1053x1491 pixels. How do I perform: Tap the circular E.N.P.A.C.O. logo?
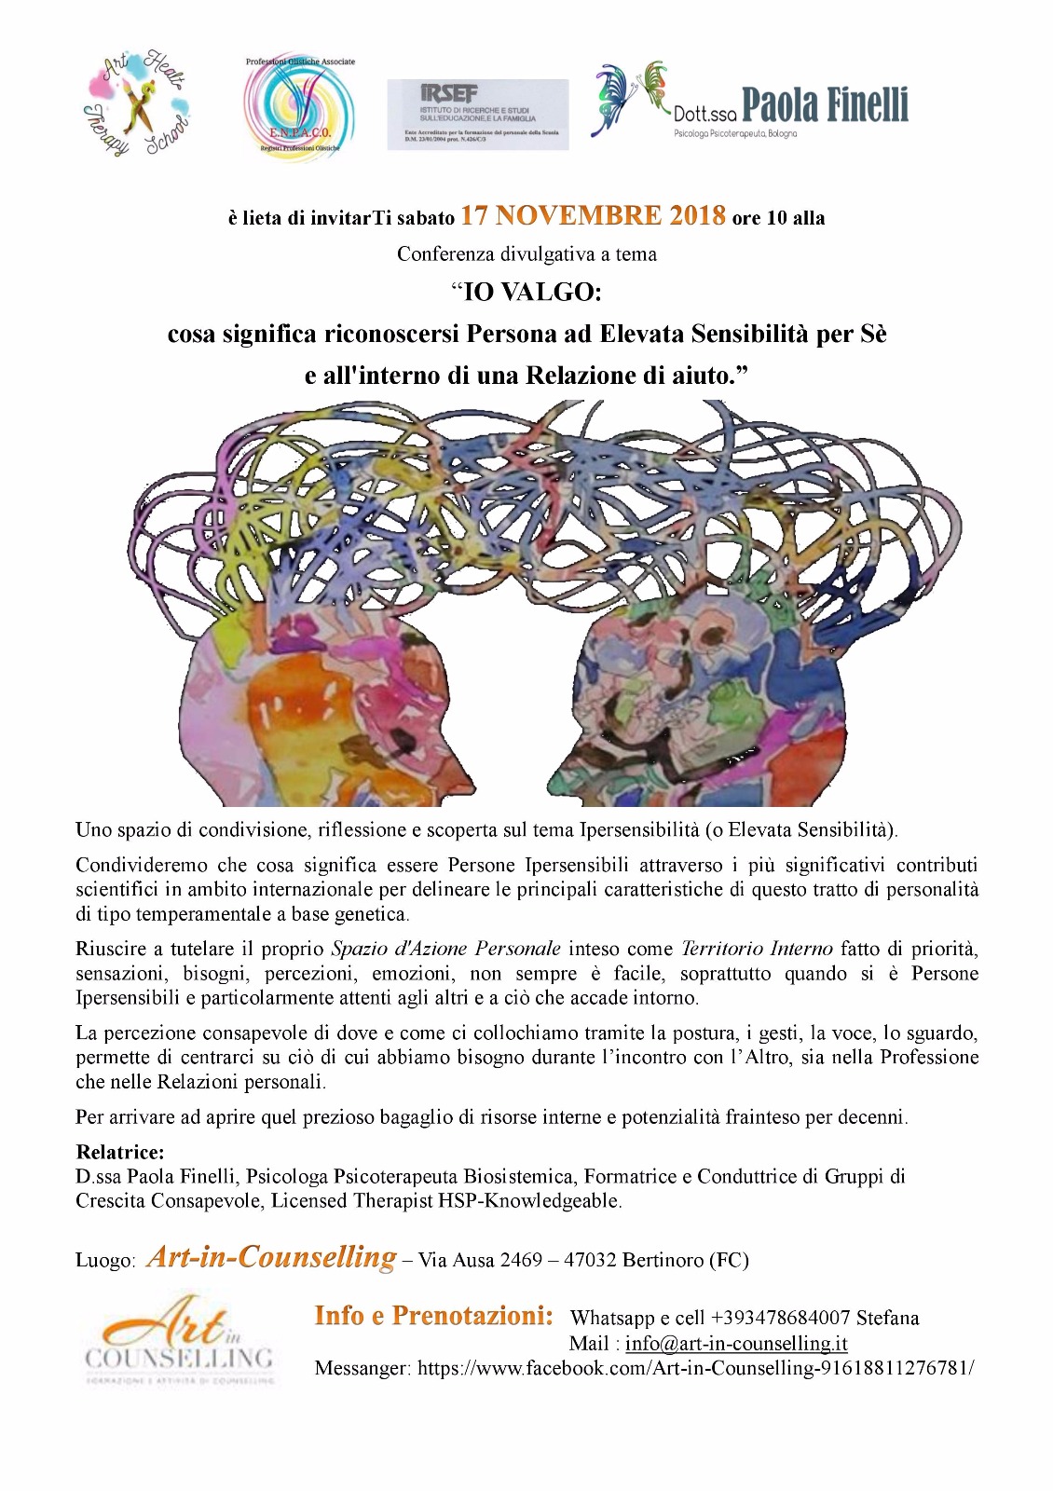[300, 104]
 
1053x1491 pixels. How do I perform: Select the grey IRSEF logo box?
[477, 114]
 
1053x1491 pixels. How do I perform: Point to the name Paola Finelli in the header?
[825, 105]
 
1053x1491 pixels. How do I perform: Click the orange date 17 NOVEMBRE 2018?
[593, 216]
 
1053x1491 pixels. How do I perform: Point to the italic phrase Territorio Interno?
[757, 949]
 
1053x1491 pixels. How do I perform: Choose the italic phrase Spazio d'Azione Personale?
[446, 949]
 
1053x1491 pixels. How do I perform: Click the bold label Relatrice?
[120, 1152]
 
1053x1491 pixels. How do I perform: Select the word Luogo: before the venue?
[106, 1261]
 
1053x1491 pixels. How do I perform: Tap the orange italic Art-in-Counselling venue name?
[271, 1257]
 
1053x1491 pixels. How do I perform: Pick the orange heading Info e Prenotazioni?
[434, 1316]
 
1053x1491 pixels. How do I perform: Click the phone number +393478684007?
[780, 1318]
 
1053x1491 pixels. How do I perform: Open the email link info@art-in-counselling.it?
[736, 1343]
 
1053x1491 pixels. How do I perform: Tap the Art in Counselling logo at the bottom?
[180, 1337]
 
